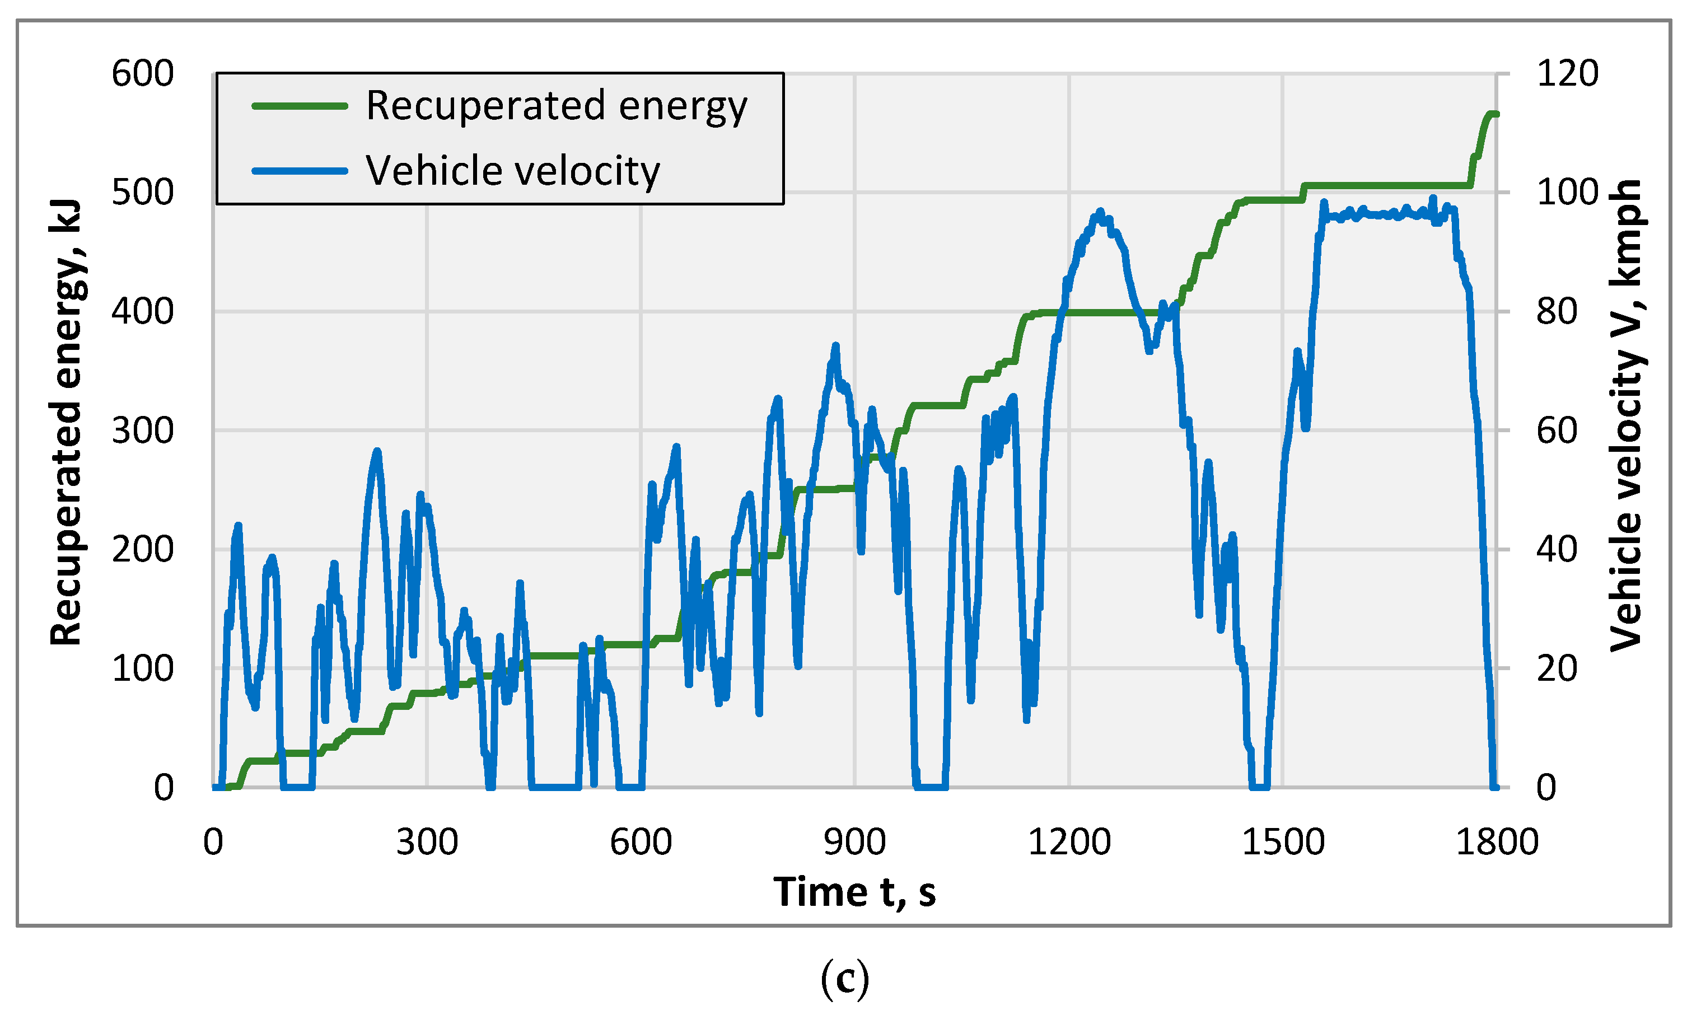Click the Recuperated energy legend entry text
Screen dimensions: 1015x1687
(556, 106)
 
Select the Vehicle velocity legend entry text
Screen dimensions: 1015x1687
(512, 170)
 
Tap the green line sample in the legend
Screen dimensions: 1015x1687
(300, 106)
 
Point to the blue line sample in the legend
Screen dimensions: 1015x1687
(300, 170)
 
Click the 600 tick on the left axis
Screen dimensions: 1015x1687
(142, 73)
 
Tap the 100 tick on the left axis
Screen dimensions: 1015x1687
(142, 668)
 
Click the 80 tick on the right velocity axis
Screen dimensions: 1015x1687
(1557, 312)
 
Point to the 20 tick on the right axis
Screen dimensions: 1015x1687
(1557, 668)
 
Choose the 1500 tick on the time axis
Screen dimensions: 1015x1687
(1283, 842)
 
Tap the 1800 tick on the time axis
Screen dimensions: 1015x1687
(1497, 842)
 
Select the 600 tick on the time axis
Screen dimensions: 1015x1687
(641, 842)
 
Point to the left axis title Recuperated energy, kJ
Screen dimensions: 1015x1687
(66, 423)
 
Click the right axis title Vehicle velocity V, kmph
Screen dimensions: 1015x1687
(1625, 416)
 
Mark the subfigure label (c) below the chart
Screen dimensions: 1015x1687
(844, 979)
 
